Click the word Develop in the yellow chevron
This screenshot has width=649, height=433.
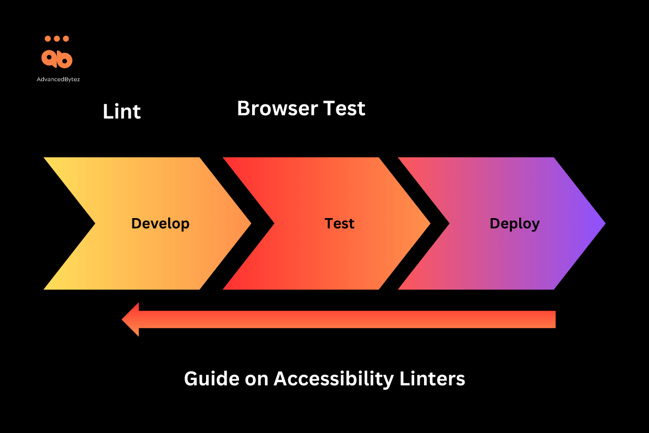[x=160, y=224]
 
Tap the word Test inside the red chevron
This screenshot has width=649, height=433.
[x=339, y=224]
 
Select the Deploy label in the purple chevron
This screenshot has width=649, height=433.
[x=514, y=224]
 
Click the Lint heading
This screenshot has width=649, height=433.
[x=122, y=111]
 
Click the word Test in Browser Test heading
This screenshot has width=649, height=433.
[x=344, y=109]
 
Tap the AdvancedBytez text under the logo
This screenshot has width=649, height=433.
[x=57, y=78]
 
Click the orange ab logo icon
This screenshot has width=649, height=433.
[x=57, y=58]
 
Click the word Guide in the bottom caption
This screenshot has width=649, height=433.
[x=208, y=379]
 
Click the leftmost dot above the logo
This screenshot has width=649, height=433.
[x=48, y=39]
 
